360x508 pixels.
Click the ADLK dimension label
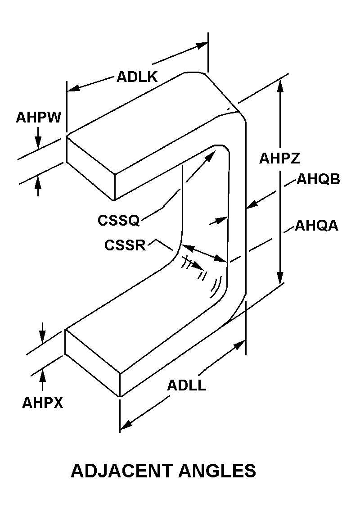click(x=137, y=77)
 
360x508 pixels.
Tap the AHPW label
click(x=38, y=118)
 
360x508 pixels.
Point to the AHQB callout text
click(x=318, y=180)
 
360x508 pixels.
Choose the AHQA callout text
click(x=316, y=225)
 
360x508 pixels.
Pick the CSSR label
click(x=125, y=245)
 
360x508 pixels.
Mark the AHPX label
click(x=43, y=403)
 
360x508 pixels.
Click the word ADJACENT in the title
click(x=121, y=471)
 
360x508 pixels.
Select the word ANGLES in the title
click(x=217, y=471)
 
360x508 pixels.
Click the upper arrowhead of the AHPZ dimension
click(x=280, y=84)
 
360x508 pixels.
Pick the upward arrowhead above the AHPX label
click(x=43, y=373)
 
